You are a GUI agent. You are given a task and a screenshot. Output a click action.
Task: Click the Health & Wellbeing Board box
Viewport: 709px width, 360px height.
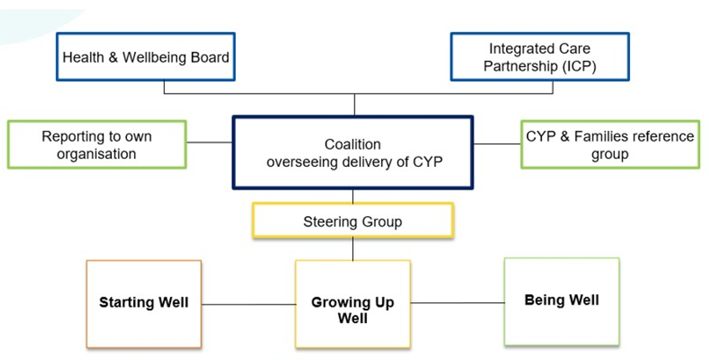(x=145, y=57)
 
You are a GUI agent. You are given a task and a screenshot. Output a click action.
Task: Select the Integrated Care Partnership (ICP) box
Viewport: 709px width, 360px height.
(x=540, y=57)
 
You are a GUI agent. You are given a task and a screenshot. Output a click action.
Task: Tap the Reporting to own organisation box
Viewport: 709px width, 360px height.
(x=96, y=145)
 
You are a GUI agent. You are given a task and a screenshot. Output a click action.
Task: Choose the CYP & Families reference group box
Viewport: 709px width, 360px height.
(x=610, y=145)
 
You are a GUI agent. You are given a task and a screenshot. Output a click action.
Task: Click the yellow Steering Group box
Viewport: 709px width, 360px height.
(x=353, y=221)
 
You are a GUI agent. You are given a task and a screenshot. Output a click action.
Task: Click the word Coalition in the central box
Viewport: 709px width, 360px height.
(x=353, y=144)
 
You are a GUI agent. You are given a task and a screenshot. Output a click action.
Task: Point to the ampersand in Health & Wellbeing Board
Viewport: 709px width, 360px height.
(x=113, y=58)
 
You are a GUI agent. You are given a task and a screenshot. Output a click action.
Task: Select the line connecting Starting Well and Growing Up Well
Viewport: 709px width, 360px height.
(x=249, y=304)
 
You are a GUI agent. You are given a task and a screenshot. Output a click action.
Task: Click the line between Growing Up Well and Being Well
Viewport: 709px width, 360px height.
(x=457, y=303)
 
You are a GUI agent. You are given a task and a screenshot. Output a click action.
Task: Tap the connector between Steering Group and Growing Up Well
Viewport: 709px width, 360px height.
(x=353, y=249)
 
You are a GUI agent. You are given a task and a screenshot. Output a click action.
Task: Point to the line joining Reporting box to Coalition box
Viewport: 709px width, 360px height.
(x=209, y=142)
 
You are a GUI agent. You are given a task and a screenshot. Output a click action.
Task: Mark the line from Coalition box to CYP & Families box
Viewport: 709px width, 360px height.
(x=497, y=144)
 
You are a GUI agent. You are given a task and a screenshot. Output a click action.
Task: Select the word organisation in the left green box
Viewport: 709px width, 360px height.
(x=96, y=154)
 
